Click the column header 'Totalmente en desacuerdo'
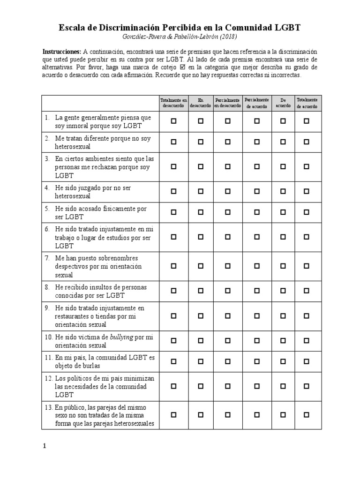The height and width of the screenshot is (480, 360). tap(173, 103)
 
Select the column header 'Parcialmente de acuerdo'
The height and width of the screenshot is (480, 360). tap(256, 103)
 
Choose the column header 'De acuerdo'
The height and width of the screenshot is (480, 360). tap(283, 103)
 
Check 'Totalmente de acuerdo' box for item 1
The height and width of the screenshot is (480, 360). tap(307, 121)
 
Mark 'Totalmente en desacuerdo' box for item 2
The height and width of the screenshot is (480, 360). tap(173, 142)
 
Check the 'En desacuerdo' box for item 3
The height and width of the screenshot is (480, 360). tap(201, 166)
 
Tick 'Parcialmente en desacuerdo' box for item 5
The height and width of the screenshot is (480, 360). tap(227, 212)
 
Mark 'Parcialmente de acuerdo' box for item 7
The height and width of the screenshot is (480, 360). tap(256, 266)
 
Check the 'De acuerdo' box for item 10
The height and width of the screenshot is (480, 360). tap(283, 341)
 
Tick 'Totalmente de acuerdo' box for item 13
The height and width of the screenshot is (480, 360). tap(307, 415)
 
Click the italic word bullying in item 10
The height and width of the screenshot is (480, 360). tap(121, 337)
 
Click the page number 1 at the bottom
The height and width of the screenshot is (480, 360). tap(45, 446)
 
